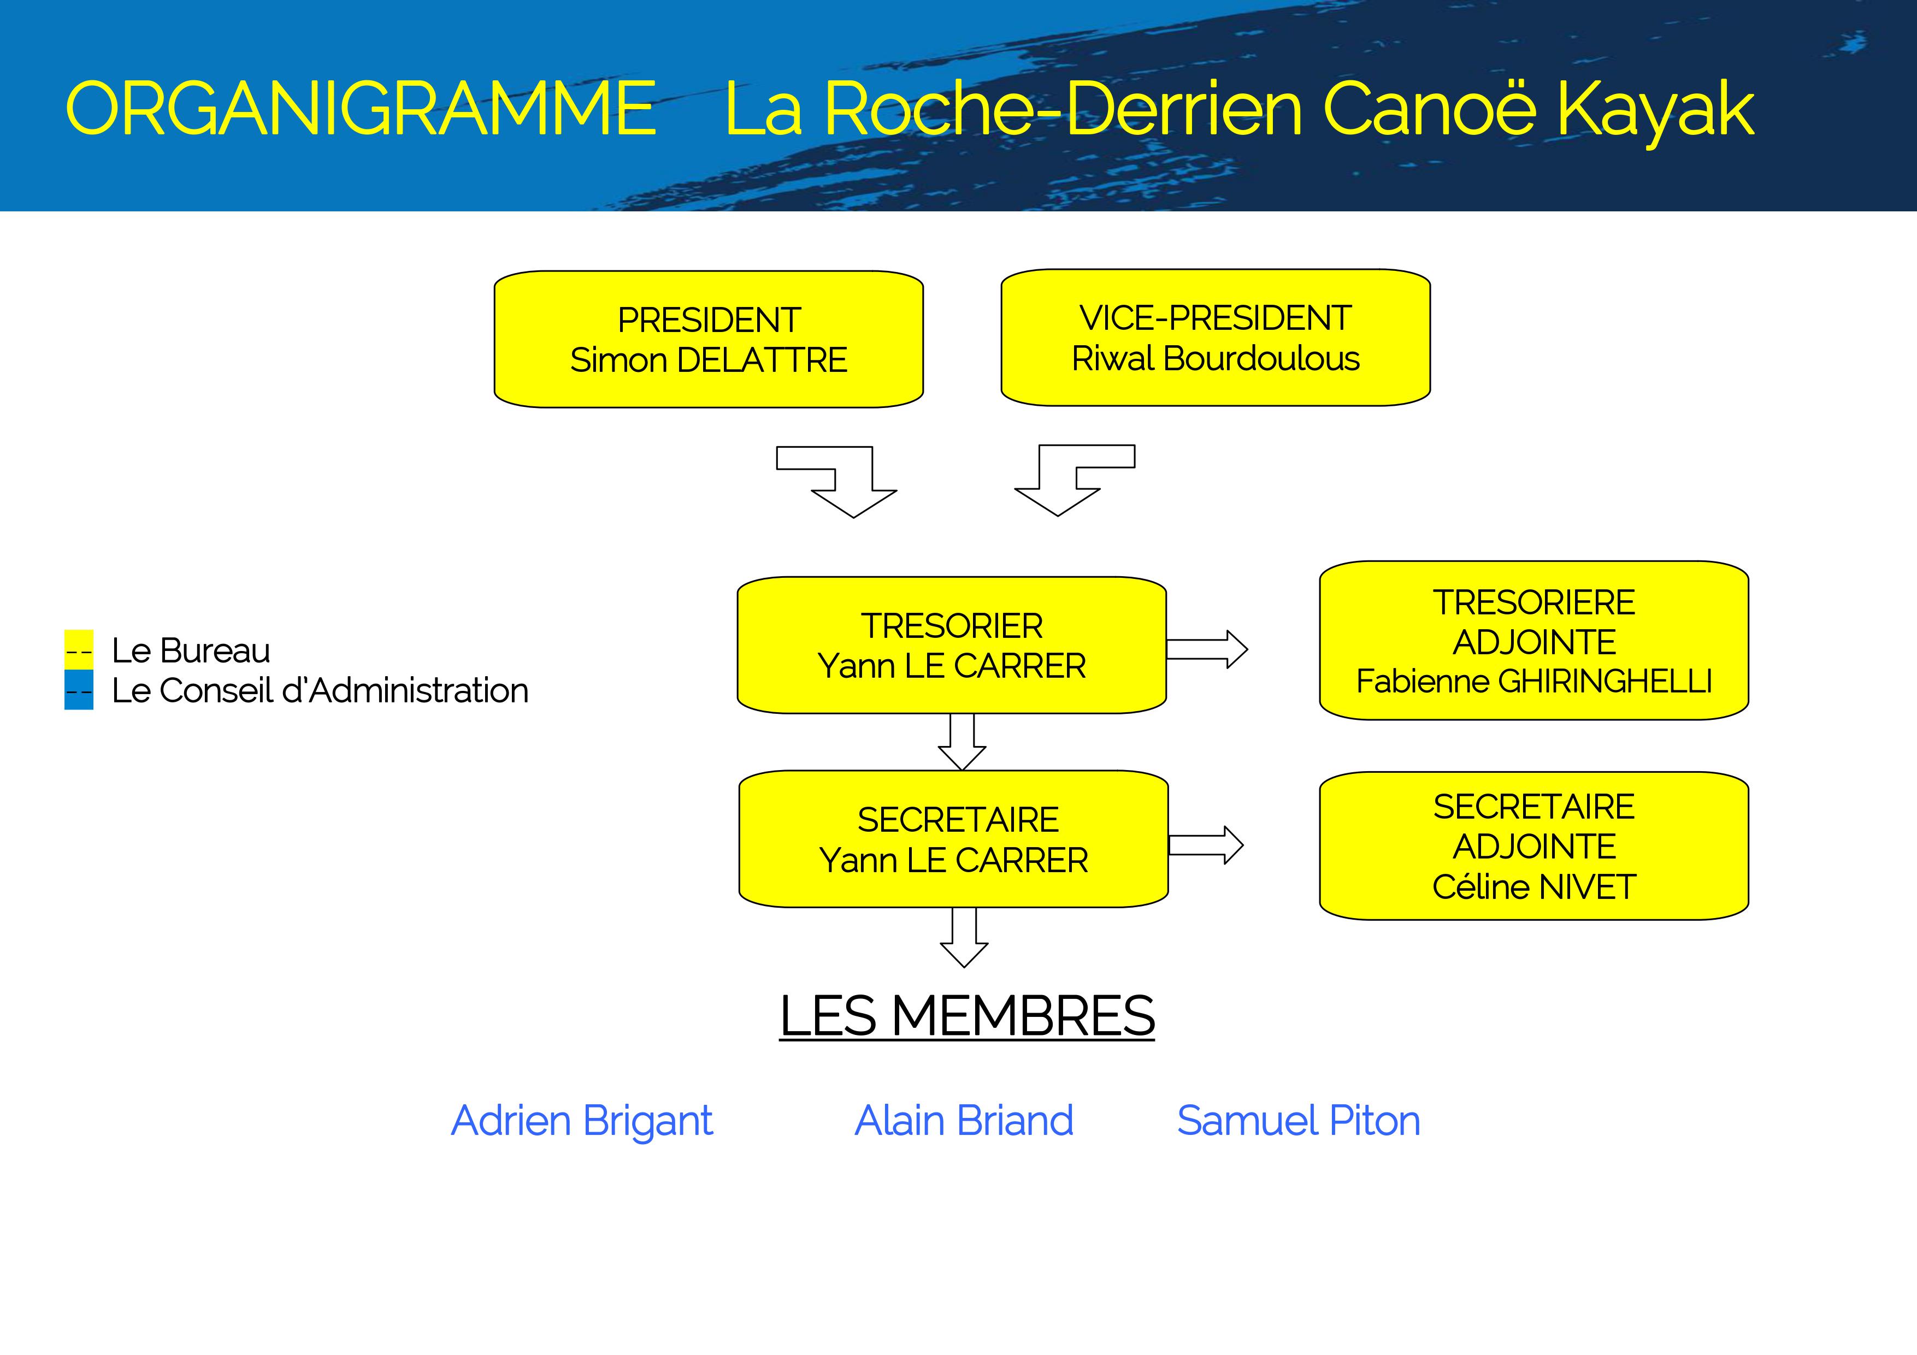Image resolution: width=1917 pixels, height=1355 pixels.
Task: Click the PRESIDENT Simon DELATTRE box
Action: tap(708, 339)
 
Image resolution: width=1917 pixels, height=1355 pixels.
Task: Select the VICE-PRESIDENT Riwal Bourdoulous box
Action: tap(1215, 338)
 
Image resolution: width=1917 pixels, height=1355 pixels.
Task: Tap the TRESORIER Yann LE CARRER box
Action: tap(951, 644)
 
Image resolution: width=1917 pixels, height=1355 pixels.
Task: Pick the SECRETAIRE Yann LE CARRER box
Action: tap(953, 838)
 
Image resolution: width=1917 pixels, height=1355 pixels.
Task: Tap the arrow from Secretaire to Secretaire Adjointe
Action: tap(1205, 845)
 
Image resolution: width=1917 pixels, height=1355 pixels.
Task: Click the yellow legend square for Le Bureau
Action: tap(79, 649)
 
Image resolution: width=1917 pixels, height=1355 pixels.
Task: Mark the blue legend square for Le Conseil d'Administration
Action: tap(79, 690)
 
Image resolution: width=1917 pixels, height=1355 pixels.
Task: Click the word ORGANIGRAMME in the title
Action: tap(361, 109)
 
